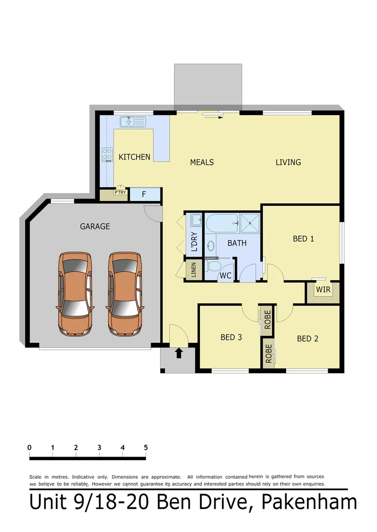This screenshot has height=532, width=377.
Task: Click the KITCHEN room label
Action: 134,157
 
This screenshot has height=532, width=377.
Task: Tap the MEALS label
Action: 202,162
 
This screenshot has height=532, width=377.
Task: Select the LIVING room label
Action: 288,162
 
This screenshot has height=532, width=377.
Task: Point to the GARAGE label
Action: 95,227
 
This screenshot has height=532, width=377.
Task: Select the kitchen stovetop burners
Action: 107,155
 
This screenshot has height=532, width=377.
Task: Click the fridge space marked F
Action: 144,194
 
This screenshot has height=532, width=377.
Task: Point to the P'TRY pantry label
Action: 119,193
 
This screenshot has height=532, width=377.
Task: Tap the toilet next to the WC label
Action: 213,266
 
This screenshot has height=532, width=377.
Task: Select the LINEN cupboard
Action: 193,270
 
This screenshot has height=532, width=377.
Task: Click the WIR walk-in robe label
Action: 323,290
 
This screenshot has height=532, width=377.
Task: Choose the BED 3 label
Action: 231,337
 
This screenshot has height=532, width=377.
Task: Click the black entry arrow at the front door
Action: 179,353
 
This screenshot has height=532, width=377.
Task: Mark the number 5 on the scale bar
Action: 146,448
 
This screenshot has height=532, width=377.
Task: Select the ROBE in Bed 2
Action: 268,352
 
